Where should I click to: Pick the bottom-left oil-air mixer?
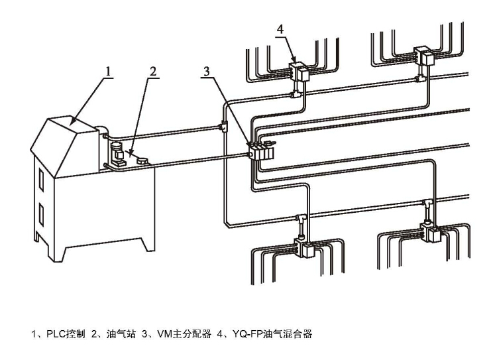click(306, 248)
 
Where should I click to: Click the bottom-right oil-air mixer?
click(431, 233)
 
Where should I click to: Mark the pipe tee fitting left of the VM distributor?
click(222, 126)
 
